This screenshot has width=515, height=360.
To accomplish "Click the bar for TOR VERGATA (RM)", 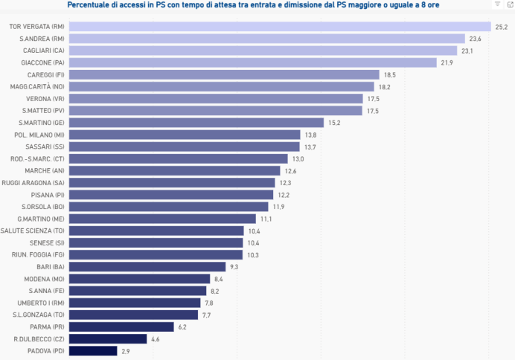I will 280,27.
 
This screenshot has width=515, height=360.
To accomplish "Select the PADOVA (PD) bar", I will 93,350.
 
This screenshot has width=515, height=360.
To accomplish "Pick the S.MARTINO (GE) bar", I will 196,123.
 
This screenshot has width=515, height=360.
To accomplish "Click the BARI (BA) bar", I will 147,266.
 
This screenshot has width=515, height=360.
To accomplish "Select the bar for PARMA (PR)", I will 121,327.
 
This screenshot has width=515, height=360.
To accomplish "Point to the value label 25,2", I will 501,27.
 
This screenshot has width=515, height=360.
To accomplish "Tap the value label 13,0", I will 298,158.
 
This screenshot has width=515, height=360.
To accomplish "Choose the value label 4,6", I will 156,338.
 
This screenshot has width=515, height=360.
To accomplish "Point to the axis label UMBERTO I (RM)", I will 41,303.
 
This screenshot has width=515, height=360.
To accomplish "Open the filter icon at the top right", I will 498,4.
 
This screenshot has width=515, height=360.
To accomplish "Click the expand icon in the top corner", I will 509,4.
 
